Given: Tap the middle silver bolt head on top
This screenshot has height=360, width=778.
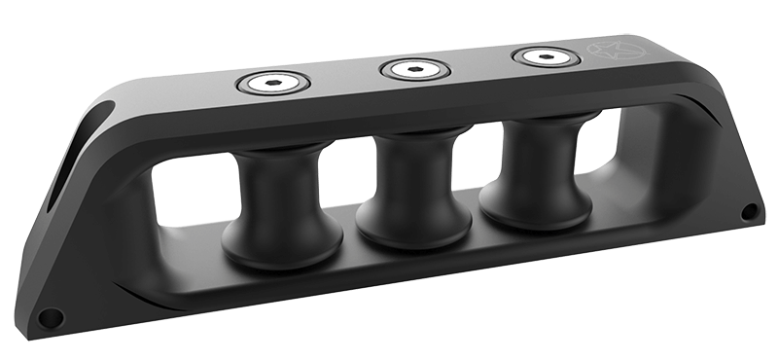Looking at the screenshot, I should click(414, 70).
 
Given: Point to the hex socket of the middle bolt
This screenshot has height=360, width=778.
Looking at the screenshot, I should click(414, 70).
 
